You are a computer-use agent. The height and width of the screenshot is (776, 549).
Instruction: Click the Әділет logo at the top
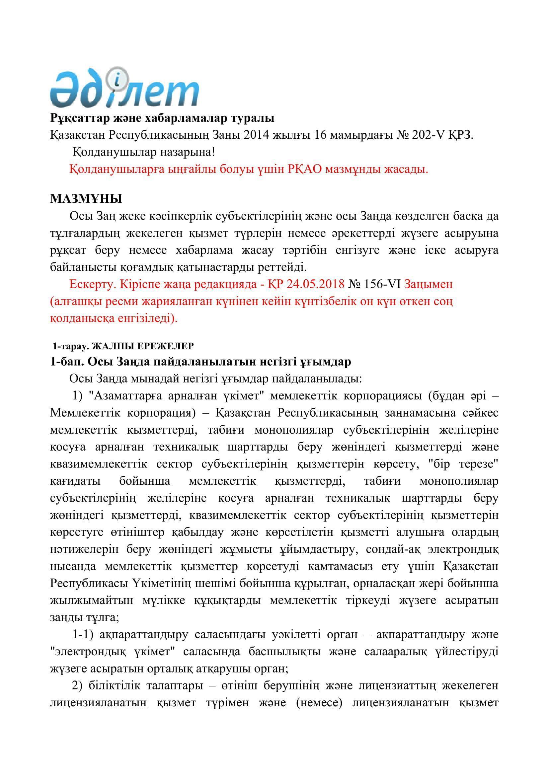pos(124,89)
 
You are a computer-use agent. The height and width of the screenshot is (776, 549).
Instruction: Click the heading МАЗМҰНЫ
pos(86,199)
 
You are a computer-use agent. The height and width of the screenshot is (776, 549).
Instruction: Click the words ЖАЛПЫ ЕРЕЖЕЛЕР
pos(143,346)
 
